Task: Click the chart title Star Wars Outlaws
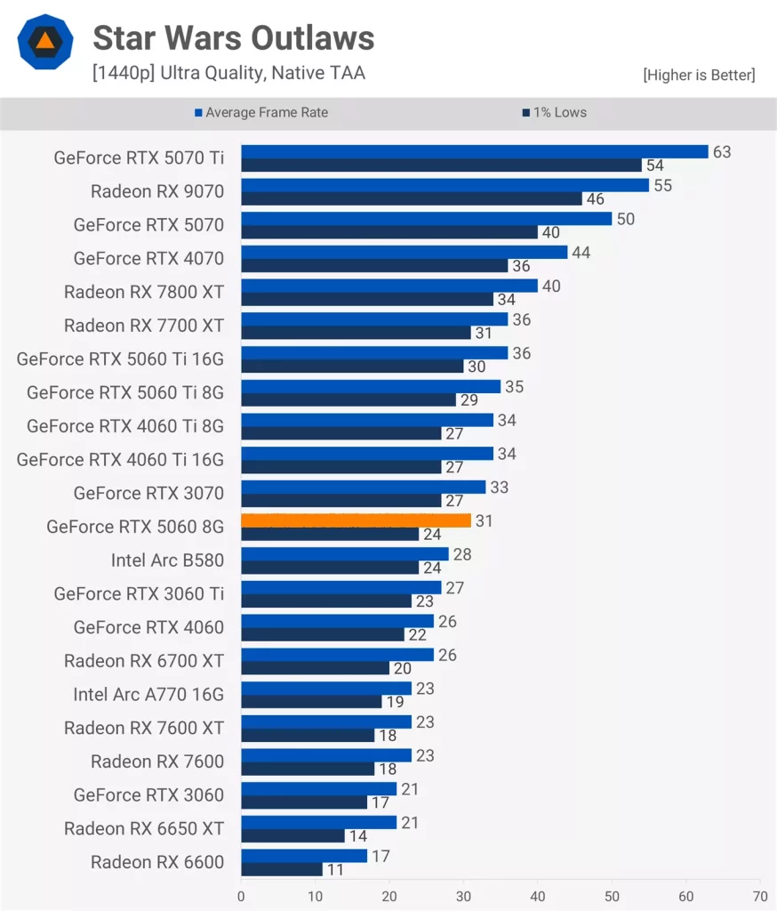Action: pyautogui.click(x=233, y=38)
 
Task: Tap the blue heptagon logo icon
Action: pyautogui.click(x=43, y=42)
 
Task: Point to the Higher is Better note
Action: pyautogui.click(x=699, y=75)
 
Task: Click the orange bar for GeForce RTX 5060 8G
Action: pyautogui.click(x=356, y=520)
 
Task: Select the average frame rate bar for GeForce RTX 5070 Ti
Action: pyautogui.click(x=474, y=152)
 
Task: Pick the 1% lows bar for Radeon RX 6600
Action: pyautogui.click(x=281, y=868)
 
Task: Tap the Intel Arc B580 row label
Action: pyautogui.click(x=167, y=560)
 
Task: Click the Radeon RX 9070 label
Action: pyautogui.click(x=157, y=191)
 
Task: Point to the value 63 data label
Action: pyautogui.click(x=721, y=152)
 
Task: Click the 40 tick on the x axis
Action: pyautogui.click(x=538, y=898)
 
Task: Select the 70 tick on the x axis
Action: pyautogui.click(x=760, y=898)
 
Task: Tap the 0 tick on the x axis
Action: pyautogui.click(x=241, y=898)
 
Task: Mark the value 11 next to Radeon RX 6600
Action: pyautogui.click(x=335, y=869)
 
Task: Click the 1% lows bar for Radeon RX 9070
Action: pyautogui.click(x=411, y=199)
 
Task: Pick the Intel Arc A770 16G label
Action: pyautogui.click(x=148, y=695)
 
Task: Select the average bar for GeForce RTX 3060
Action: pyautogui.click(x=318, y=789)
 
